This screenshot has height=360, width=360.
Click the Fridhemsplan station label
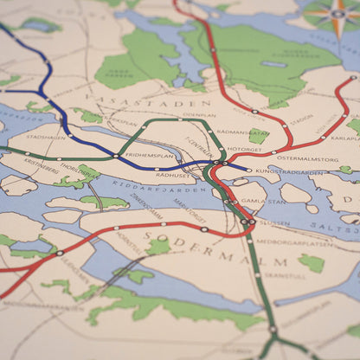click(150, 155)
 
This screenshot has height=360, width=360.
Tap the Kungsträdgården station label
click(289, 172)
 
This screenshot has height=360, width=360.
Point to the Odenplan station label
click(199, 114)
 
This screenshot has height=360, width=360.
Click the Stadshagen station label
click(45, 137)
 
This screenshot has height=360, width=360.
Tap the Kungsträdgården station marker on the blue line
click(249, 170)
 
